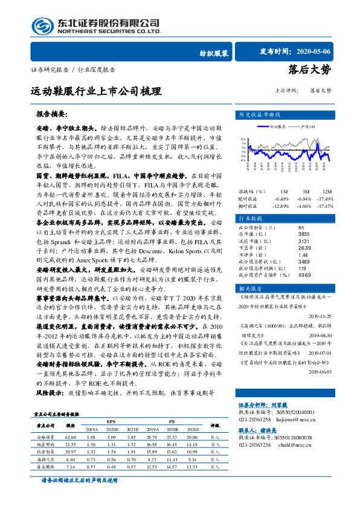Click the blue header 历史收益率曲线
coord(260,114)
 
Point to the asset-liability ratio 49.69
coord(305,274)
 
